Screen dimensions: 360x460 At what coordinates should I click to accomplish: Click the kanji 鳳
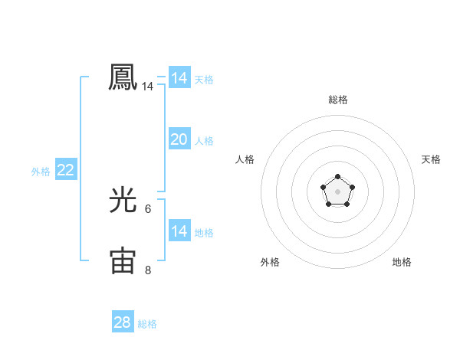[123, 77]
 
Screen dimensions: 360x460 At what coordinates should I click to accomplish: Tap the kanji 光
[123, 200]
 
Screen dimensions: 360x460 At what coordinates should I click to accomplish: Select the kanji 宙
[123, 260]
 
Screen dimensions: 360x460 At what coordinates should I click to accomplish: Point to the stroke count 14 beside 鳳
[147, 87]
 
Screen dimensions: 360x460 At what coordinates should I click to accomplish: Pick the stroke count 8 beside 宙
[148, 270]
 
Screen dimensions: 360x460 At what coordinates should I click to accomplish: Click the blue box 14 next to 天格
[179, 78]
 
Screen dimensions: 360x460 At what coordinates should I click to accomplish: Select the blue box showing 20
[179, 139]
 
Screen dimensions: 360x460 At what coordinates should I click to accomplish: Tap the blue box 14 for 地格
[179, 231]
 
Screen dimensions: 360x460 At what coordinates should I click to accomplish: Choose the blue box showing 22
[65, 170]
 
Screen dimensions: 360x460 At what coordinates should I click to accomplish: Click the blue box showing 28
[122, 322]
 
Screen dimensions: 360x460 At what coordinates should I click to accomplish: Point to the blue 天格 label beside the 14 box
[204, 80]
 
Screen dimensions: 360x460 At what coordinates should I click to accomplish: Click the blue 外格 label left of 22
[41, 172]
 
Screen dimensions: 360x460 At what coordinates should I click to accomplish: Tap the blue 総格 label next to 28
[147, 324]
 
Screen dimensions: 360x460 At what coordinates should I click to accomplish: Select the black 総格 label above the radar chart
[337, 100]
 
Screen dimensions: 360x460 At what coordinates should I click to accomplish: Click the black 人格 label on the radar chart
[245, 159]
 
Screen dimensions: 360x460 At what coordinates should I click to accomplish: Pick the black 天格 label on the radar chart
[431, 159]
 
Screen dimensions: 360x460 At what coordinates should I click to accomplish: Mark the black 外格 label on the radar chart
[270, 262]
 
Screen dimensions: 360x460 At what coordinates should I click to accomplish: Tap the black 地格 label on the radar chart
[402, 262]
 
